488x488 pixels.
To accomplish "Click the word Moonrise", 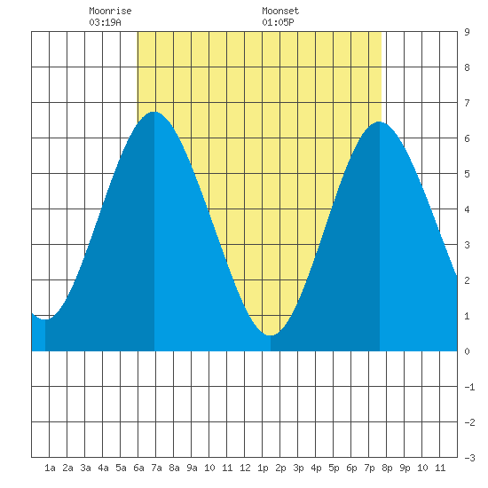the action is point(110,11).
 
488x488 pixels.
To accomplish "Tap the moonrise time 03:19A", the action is point(105,22).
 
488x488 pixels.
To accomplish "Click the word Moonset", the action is point(280,11).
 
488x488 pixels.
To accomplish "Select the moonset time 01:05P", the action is point(278,22).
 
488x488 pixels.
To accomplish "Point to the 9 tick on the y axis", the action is point(467,32).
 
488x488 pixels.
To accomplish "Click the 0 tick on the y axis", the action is point(467,351).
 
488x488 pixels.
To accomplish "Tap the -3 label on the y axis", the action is point(469,458).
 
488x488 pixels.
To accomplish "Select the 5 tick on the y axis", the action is point(467,174).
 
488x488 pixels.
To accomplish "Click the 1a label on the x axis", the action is point(50,468).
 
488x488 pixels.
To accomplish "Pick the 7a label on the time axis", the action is point(156,468).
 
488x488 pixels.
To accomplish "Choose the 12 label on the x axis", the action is point(245,468).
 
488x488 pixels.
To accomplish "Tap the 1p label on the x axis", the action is point(263,468).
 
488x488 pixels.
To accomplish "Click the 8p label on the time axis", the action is point(387,468).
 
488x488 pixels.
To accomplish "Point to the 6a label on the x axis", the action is point(138,468).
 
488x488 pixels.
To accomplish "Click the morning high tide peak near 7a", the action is point(154,112).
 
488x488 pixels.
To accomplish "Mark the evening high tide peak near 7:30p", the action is point(380,122).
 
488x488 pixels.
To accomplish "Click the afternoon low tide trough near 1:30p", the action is point(271,335).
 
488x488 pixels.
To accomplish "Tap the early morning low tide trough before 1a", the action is point(45,319).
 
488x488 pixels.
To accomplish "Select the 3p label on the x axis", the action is point(298,468).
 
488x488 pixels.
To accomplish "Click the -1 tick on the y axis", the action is point(469,387).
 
